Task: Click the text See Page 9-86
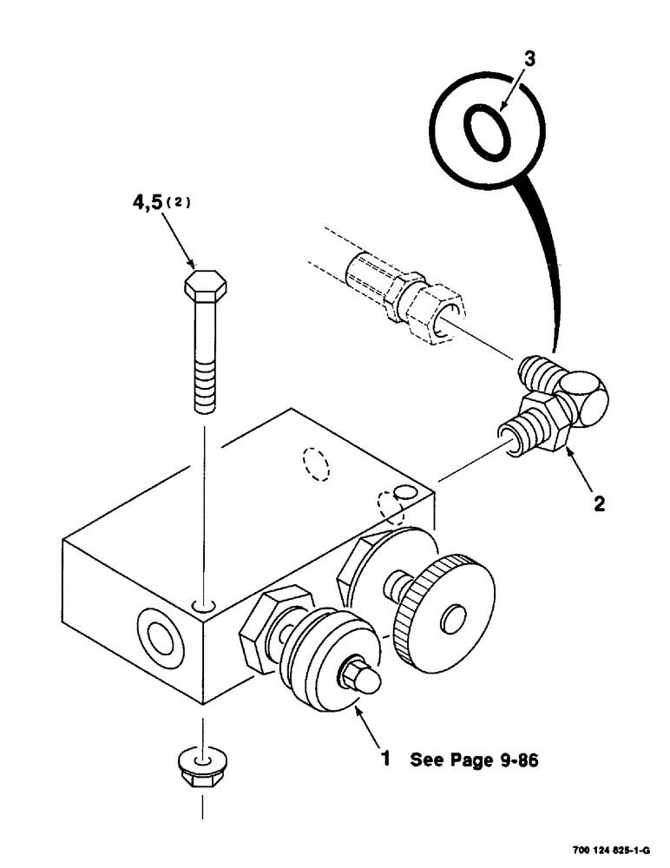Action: pyautogui.click(x=474, y=760)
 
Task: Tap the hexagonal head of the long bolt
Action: pyautogui.click(x=207, y=285)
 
